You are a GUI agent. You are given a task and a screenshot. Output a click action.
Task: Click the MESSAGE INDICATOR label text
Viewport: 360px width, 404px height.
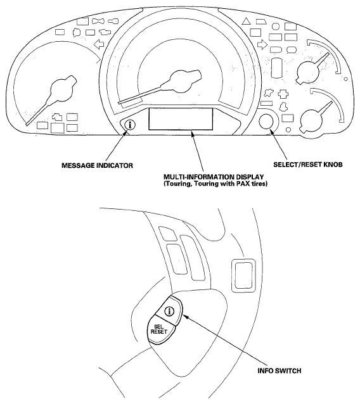pos(97,165)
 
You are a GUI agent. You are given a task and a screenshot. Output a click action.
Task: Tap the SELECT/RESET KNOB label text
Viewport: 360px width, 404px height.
pos(308,165)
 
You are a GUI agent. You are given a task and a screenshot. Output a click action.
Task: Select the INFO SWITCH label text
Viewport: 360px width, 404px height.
pos(280,371)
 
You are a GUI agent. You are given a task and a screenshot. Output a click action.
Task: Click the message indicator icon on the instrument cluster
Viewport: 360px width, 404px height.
pos(130,125)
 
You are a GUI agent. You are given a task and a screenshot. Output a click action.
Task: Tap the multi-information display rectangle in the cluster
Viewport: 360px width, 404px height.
pos(181,119)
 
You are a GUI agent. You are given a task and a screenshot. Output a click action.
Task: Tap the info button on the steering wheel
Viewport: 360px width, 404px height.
pos(169,312)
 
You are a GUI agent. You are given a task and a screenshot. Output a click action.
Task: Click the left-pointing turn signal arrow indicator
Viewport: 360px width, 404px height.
pos(99,44)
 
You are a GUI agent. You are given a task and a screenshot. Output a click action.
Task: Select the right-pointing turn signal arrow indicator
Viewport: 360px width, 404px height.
pos(262,44)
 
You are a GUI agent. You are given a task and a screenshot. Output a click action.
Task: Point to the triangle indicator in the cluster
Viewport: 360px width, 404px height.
pos(246,21)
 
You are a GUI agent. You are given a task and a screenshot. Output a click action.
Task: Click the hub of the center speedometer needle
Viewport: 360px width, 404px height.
pos(181,82)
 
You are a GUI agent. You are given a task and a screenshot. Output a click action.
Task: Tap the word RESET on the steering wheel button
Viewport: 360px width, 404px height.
pos(159,332)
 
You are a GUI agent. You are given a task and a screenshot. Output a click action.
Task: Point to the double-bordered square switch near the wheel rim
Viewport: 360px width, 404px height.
pos(243,275)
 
